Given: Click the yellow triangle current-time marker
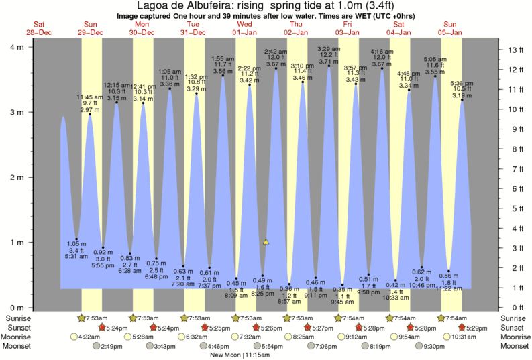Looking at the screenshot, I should pos(266,241).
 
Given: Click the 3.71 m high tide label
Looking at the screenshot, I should pos(329,62).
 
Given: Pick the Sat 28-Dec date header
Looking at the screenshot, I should pos(40,27).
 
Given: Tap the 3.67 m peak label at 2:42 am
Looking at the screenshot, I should pos(276,64).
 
